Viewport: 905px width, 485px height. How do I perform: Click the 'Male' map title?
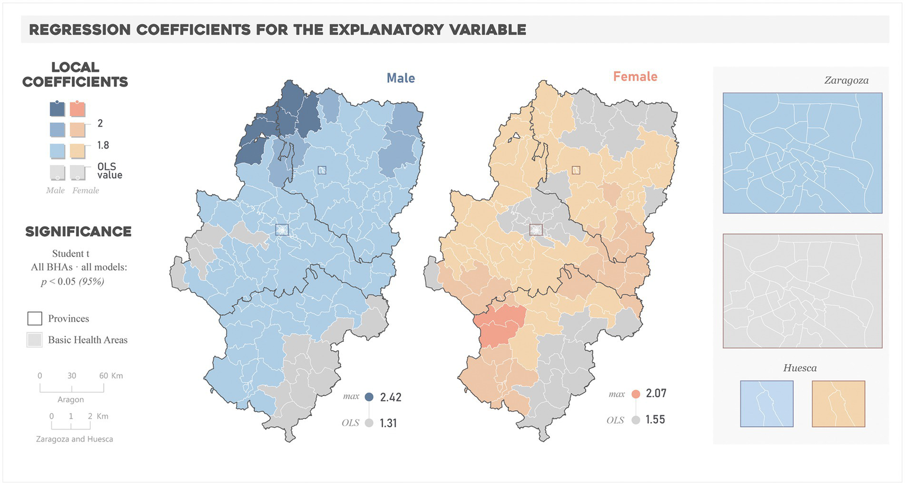pos(400,78)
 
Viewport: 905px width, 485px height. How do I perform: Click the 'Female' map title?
pos(635,77)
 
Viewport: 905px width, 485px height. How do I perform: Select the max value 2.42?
pos(390,397)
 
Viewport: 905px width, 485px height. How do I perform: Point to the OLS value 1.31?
pos(388,423)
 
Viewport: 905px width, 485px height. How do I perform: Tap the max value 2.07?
pos(656,394)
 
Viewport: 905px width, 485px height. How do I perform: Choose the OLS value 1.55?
pos(655,420)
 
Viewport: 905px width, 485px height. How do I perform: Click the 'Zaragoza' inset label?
pos(846,81)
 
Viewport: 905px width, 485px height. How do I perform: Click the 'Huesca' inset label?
pos(799,368)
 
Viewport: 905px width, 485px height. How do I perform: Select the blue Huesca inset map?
pos(766,404)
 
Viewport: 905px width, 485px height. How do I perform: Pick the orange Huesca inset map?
pos(838,404)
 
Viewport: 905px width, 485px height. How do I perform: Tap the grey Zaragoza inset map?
pos(802,291)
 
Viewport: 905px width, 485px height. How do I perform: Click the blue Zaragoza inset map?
pos(802,153)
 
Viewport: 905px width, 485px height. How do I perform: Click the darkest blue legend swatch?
pos(57,109)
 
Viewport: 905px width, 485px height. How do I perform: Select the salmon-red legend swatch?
pos(78,109)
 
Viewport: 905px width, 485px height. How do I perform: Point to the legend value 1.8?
pos(103,146)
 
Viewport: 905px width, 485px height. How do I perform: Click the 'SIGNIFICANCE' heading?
pos(78,232)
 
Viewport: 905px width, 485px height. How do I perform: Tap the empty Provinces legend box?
pos(35,319)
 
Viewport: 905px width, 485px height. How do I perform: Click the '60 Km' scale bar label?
pos(111,376)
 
